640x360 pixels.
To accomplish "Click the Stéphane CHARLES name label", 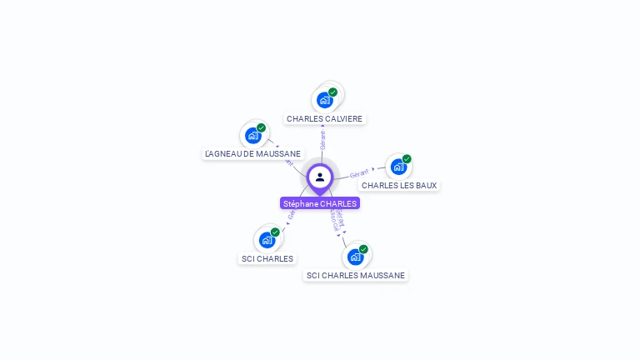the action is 320,203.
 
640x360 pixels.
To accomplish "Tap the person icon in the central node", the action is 320,177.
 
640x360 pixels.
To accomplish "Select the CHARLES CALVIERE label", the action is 324,118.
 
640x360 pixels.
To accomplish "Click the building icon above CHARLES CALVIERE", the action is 324,100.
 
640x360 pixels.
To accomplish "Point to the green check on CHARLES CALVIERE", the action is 332,92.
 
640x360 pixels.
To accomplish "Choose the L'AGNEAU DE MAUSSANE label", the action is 252,153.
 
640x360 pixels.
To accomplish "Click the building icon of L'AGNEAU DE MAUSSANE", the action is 252,135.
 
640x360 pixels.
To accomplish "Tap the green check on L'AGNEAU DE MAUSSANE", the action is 261,127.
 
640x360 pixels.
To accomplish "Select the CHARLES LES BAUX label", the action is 399,185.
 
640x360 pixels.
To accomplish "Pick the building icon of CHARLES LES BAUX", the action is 398,167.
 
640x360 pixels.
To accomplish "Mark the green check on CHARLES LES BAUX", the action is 407,159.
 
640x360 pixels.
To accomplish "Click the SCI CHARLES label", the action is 267,258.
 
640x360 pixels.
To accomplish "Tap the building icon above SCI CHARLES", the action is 267,240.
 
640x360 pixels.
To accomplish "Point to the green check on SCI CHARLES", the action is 275,232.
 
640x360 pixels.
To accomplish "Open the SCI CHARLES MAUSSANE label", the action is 356,275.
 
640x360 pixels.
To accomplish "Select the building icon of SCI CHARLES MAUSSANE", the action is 355,257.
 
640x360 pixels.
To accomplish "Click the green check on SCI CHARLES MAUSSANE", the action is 363,249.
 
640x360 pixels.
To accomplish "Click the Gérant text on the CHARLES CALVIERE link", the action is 322,139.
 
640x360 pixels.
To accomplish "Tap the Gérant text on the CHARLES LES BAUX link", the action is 359,173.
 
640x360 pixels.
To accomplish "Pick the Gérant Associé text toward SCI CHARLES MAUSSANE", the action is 337,221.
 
